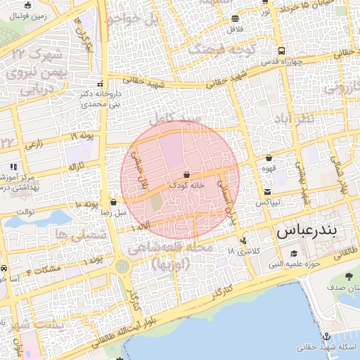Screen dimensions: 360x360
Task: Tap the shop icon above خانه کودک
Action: (186, 174)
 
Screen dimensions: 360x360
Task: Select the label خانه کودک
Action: (186, 185)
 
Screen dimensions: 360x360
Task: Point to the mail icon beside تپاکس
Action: (267, 192)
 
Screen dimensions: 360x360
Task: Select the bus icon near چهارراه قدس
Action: (281, 51)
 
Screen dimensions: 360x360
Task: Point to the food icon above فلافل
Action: (235, 19)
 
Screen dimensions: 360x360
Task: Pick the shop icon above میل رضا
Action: (113, 202)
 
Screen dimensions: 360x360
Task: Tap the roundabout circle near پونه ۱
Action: (123, 266)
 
